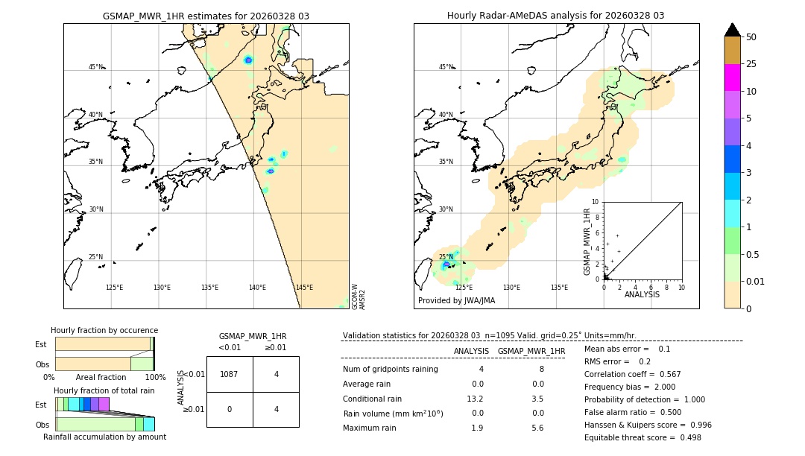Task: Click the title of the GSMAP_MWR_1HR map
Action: pyautogui.click(x=206, y=16)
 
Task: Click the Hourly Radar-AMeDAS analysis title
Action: pyautogui.click(x=555, y=16)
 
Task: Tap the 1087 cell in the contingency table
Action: pyautogui.click(x=230, y=375)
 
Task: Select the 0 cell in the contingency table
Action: pyautogui.click(x=230, y=409)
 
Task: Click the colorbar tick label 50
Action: pyautogui.click(x=751, y=37)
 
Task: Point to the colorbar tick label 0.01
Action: pyautogui.click(x=756, y=281)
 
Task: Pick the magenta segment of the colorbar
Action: pyautogui.click(x=732, y=77)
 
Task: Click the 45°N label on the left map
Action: pyautogui.click(x=95, y=67)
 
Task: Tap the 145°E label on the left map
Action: pyautogui.click(x=304, y=288)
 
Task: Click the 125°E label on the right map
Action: pyautogui.click(x=464, y=288)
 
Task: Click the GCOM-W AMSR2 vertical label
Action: pyautogui.click(x=359, y=296)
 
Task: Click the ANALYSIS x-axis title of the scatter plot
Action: pyautogui.click(x=642, y=294)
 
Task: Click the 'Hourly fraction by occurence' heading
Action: pyautogui.click(x=104, y=330)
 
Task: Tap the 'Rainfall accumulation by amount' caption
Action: pyautogui.click(x=104, y=437)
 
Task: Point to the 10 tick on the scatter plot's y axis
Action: pyautogui.click(x=595, y=202)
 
